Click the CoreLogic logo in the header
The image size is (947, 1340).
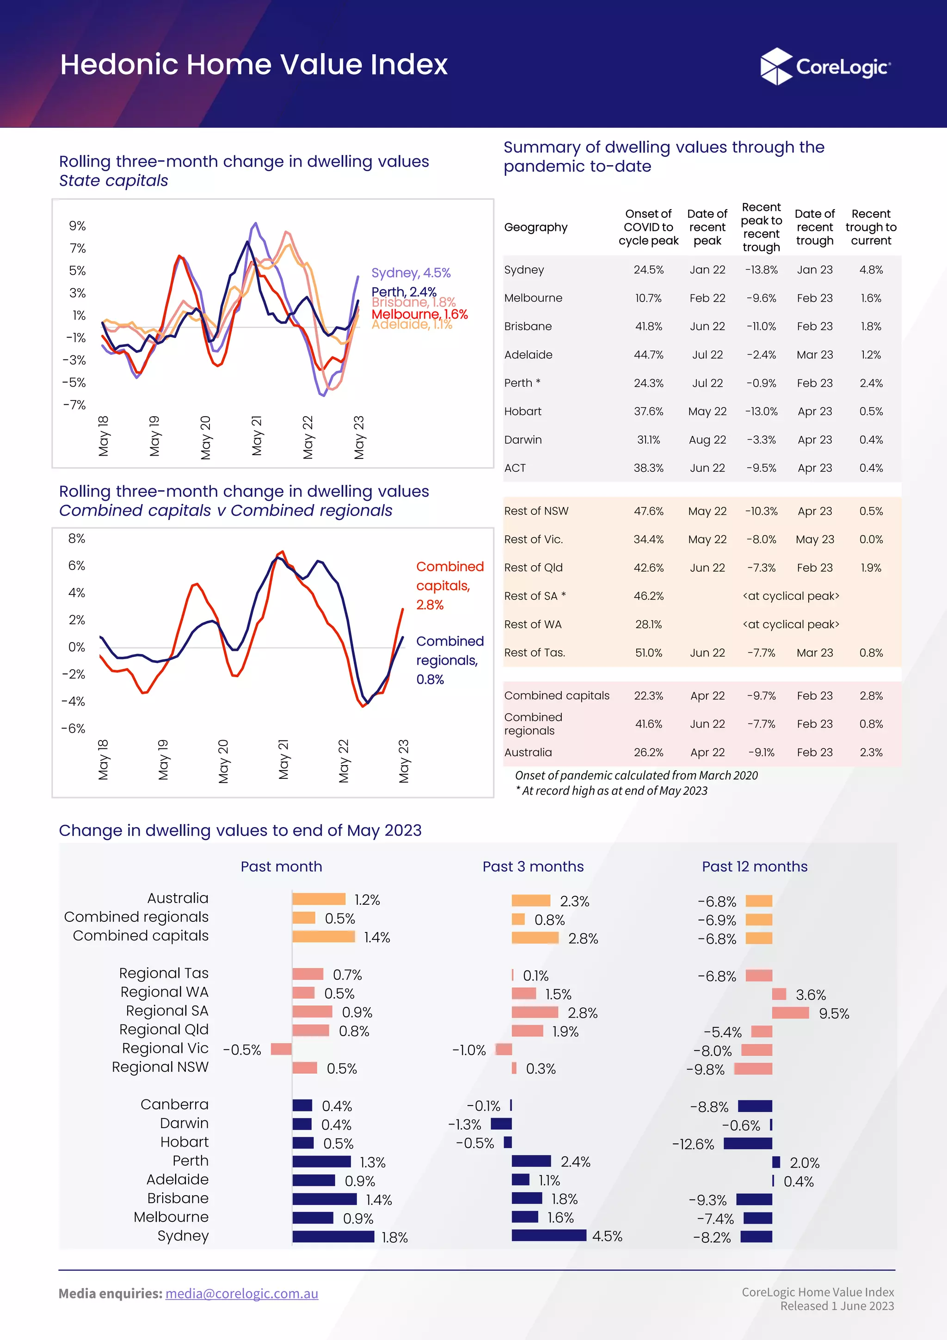point(825,67)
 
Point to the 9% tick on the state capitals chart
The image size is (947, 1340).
point(77,226)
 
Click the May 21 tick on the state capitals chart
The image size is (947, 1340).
point(257,436)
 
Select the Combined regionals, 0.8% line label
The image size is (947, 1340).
point(449,660)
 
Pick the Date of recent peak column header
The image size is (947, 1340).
point(707,227)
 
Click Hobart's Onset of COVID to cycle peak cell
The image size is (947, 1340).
point(648,412)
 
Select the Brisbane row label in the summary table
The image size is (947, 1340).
point(528,326)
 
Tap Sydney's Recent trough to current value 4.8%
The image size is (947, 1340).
point(871,270)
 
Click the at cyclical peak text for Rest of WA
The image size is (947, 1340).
point(791,624)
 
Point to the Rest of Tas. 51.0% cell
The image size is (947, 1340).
point(648,653)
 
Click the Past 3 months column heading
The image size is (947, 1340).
point(533,867)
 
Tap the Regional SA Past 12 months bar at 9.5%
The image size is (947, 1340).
point(790,1013)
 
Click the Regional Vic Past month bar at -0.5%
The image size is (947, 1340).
point(281,1050)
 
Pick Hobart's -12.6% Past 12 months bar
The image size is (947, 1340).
point(747,1143)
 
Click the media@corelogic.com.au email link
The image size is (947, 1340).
point(241,1293)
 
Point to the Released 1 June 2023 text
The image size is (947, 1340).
point(837,1306)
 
